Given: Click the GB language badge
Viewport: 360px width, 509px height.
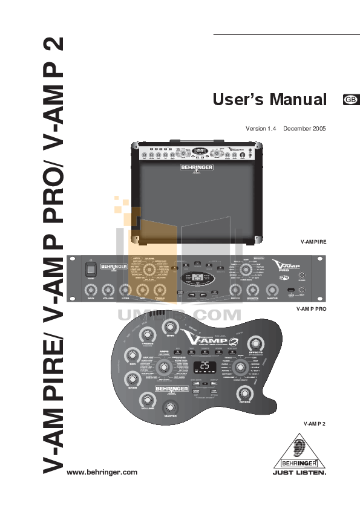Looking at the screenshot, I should click(x=350, y=100).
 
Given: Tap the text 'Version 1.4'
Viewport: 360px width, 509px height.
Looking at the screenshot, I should click(x=260, y=129).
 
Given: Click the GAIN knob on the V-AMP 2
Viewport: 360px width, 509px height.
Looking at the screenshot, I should click(x=168, y=327).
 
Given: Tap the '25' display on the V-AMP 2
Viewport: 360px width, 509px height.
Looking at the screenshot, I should click(x=205, y=366).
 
